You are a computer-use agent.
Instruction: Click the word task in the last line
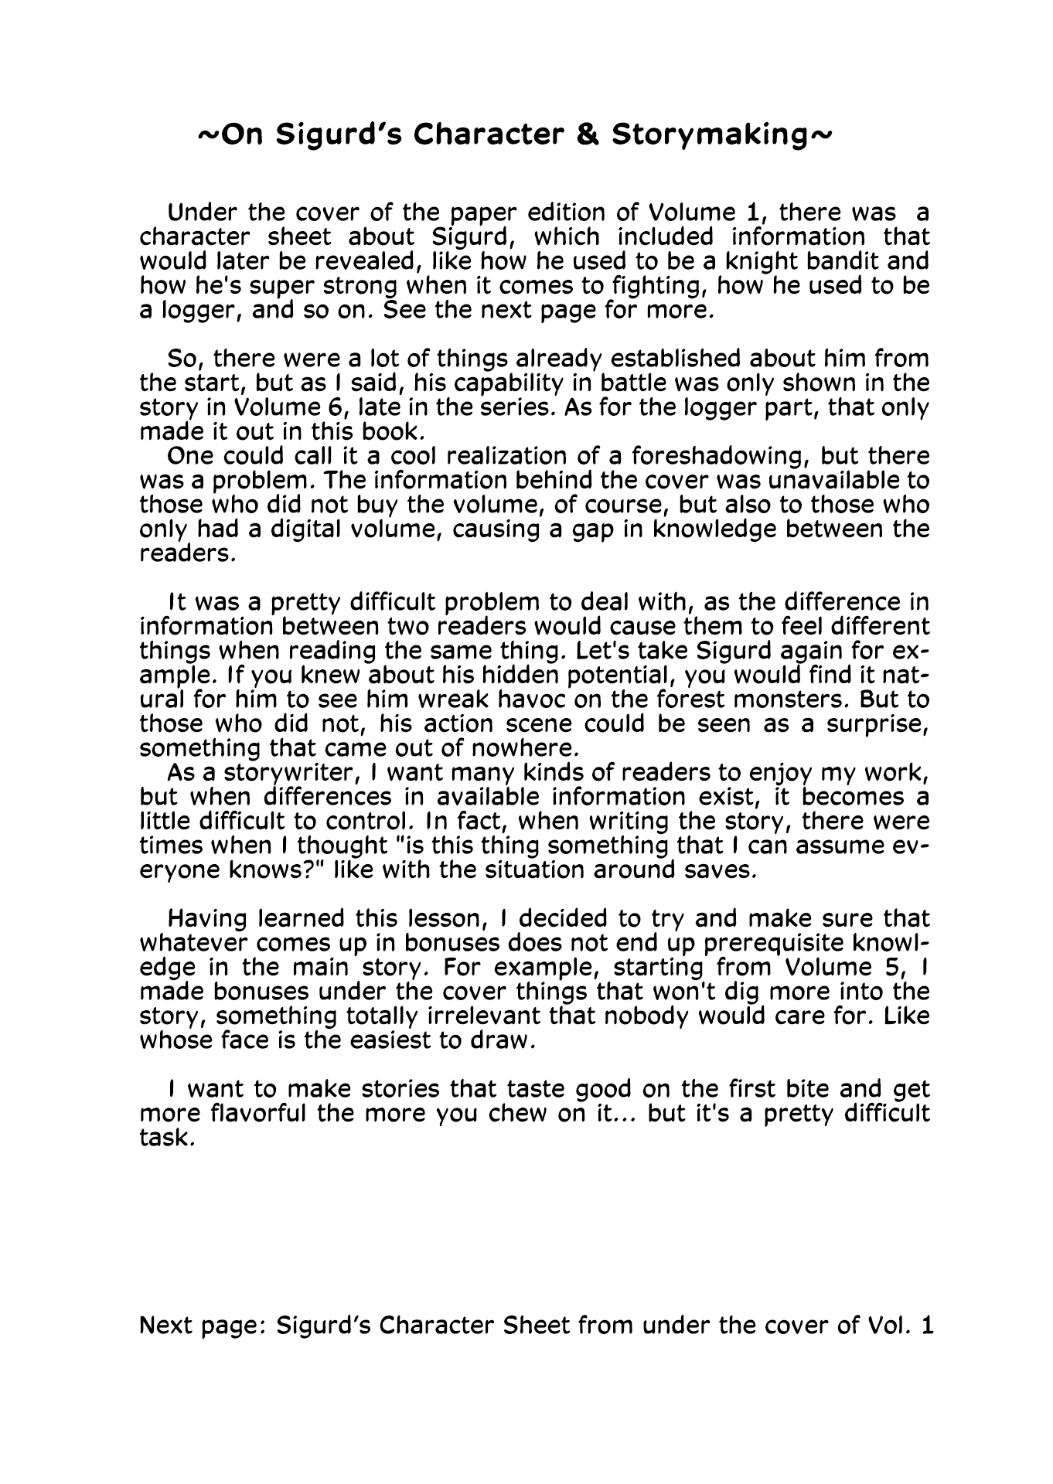(x=164, y=1139)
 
